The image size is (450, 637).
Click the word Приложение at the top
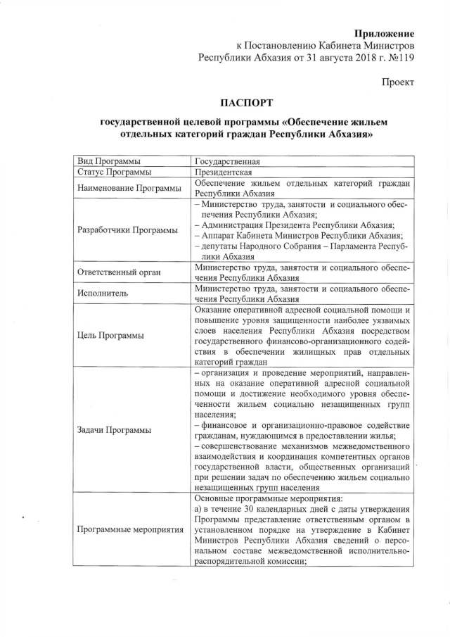point(384,33)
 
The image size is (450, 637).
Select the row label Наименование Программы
point(126,187)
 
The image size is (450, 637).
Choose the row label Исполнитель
point(101,294)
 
